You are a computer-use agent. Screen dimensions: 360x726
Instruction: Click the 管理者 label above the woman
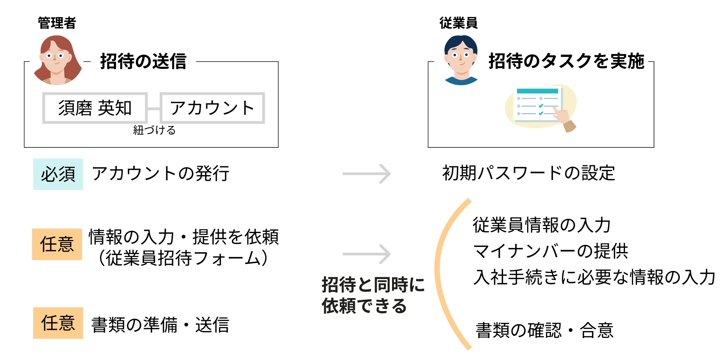coord(57,23)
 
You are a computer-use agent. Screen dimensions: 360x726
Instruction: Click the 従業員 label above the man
coord(459,23)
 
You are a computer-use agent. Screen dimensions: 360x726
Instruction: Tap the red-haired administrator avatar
coord(57,60)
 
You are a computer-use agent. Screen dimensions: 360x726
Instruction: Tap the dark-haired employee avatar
coord(461,60)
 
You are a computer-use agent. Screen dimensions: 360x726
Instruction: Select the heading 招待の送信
coord(143,61)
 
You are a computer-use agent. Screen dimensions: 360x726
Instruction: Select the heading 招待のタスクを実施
coord(566,61)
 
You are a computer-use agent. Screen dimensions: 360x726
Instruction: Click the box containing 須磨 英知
coord(95,108)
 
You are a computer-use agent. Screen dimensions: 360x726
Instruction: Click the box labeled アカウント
coord(212,108)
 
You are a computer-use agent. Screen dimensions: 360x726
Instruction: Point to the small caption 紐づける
coord(154,130)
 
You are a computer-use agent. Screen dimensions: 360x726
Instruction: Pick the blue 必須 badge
coord(58,174)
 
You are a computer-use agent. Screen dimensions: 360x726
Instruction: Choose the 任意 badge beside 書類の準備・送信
coord(58,323)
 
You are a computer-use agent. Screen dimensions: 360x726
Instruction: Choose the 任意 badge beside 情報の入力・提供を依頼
coord(57,244)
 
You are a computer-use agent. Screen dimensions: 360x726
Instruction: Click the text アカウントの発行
coord(160,173)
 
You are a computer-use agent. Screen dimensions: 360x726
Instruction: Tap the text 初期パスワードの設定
coord(528,173)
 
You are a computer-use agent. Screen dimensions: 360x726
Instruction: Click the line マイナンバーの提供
coord(550,251)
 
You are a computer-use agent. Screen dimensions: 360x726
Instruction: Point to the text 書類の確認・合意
coord(544,331)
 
